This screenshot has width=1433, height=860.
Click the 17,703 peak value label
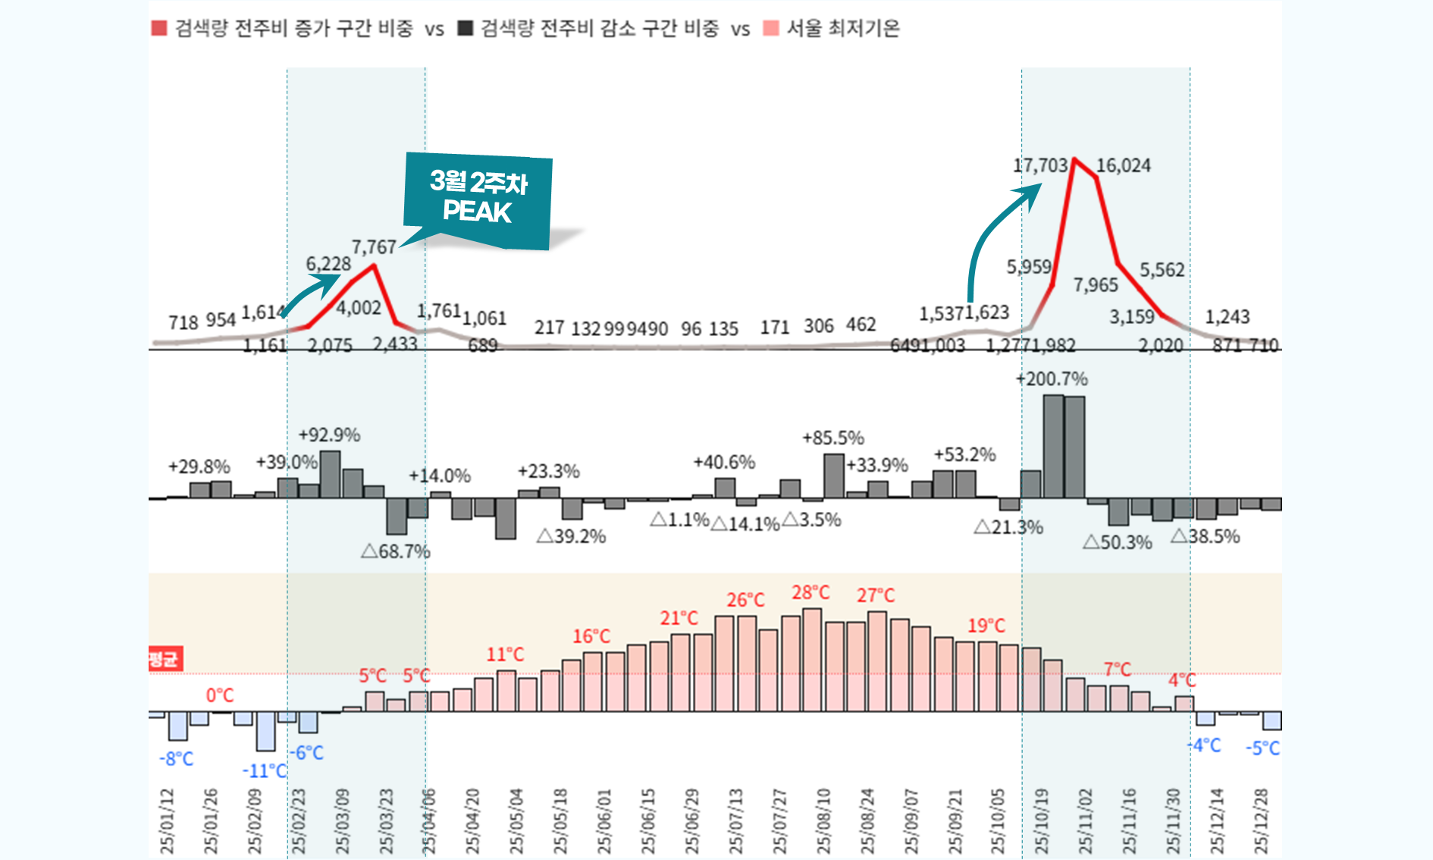[x=1039, y=165]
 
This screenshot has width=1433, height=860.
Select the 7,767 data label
[x=374, y=247]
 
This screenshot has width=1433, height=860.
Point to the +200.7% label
[x=1052, y=378]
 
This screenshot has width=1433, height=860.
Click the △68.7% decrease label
[x=395, y=551]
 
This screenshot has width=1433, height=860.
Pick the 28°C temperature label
[x=811, y=592]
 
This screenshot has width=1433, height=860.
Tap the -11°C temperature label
[x=265, y=771]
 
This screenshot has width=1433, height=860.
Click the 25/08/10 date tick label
[x=824, y=821]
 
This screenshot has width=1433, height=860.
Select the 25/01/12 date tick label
[x=168, y=821]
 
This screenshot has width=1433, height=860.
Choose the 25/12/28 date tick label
[x=1262, y=821]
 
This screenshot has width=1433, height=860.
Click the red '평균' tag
[x=165, y=658]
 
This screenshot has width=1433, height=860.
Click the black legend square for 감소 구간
[x=465, y=29]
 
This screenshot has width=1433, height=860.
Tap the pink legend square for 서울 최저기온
[x=770, y=29]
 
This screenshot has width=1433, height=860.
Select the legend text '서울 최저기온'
[x=843, y=29]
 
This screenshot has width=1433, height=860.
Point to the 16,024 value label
[x=1123, y=165]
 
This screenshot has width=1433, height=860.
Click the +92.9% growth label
[x=329, y=435]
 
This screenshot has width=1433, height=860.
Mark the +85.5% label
[x=833, y=438]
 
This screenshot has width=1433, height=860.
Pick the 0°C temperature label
[x=220, y=695]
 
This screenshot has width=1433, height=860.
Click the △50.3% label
[x=1117, y=542]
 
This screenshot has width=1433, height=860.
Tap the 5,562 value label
[x=1162, y=270]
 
